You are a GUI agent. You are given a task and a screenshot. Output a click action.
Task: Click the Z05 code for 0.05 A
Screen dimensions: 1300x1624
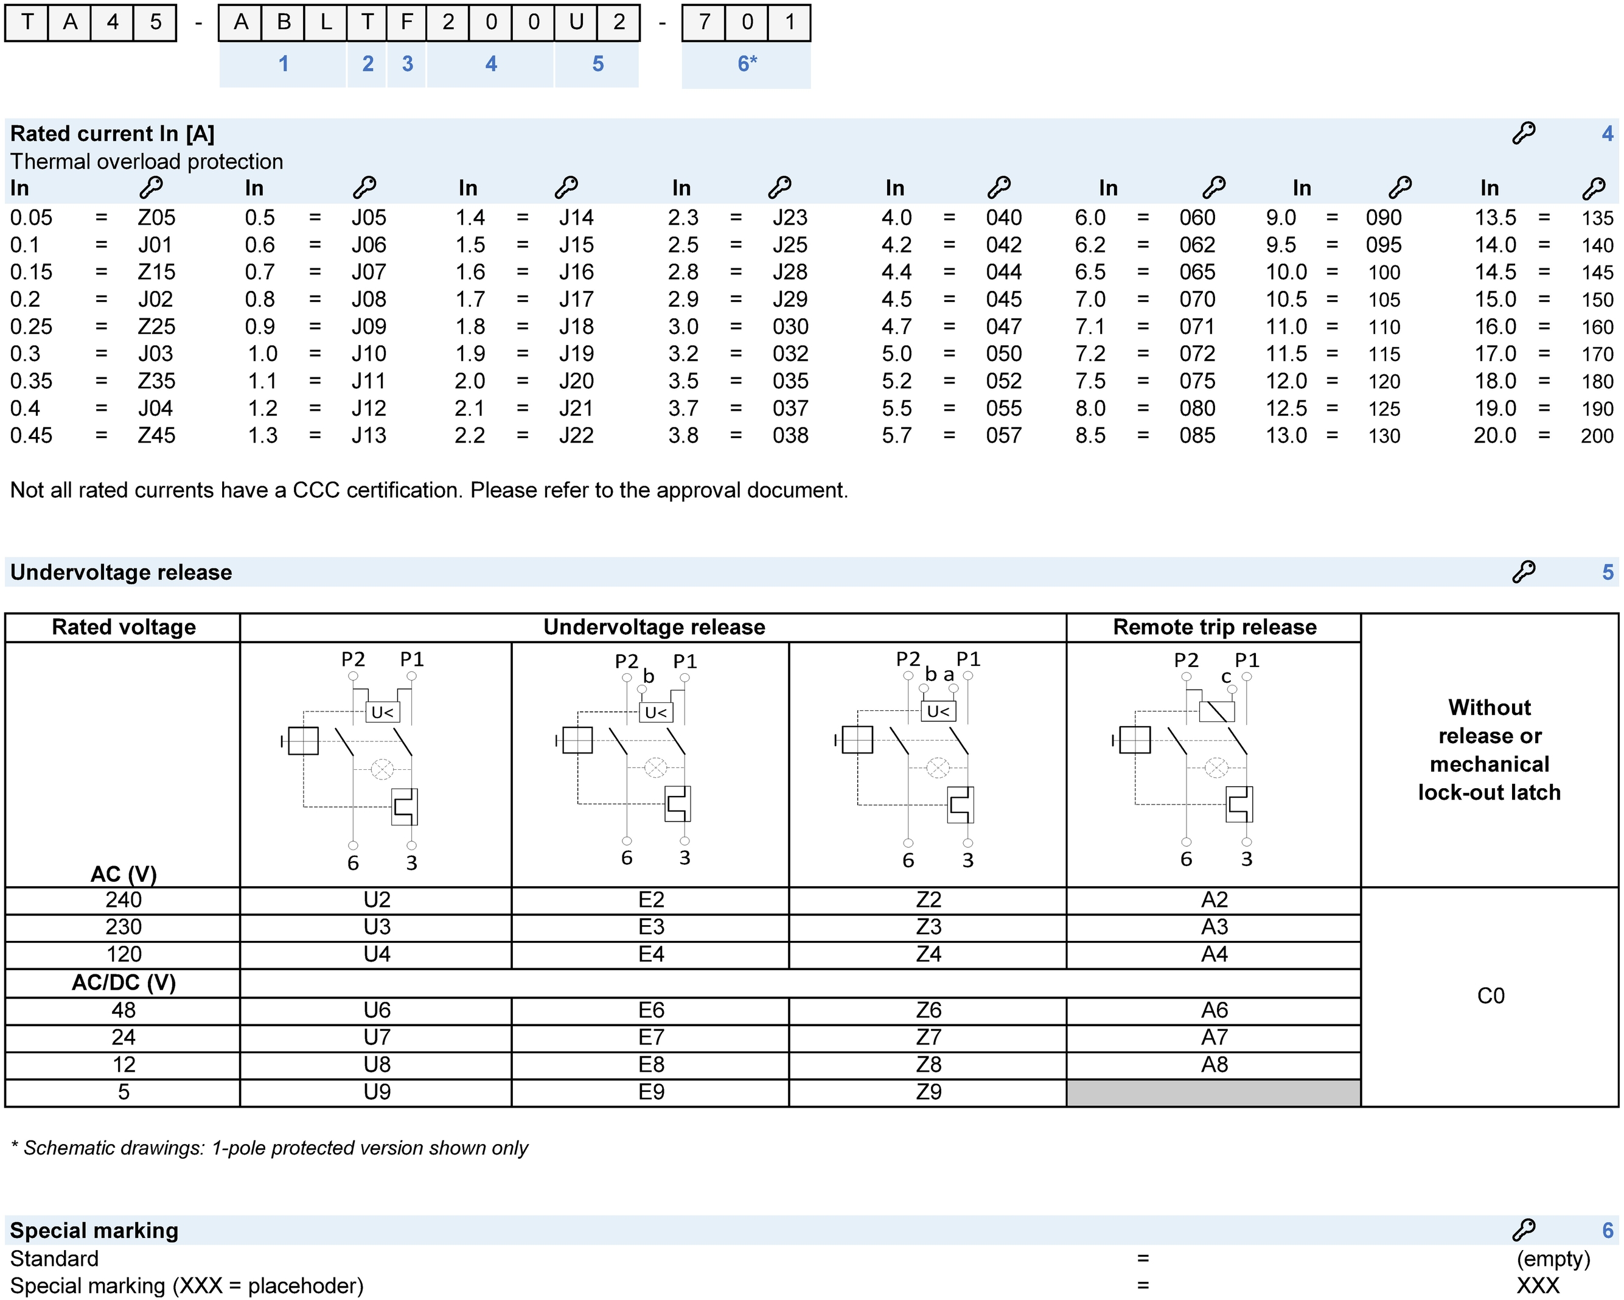[156, 218]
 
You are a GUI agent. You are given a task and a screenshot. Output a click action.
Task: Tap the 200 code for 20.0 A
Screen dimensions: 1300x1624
[1596, 436]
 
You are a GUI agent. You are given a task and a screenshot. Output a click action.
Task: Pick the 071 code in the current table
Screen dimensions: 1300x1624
[1197, 326]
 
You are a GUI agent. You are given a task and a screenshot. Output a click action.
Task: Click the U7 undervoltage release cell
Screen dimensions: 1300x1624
[377, 1037]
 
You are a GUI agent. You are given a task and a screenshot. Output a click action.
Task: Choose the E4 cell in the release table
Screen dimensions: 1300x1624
[651, 954]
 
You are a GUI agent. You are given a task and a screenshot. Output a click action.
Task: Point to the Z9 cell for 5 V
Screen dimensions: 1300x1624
[928, 1091]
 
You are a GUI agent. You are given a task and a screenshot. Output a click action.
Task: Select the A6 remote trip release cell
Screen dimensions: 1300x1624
[1215, 1010]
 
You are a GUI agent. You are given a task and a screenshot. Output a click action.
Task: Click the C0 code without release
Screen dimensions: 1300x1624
[1490, 996]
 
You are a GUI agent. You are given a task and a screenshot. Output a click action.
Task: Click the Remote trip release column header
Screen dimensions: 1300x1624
[1215, 627]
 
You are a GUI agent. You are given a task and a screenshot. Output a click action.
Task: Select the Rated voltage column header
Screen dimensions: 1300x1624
[124, 627]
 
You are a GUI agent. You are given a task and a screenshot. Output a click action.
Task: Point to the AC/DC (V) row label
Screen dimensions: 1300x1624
[124, 983]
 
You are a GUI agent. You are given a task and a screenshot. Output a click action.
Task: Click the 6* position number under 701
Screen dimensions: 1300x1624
[747, 64]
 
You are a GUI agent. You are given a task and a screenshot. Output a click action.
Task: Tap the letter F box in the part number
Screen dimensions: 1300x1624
[406, 22]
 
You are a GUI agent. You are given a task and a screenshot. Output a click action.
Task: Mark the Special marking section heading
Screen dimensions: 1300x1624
[94, 1230]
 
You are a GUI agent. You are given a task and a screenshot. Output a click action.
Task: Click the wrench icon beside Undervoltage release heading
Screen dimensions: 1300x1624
[1523, 572]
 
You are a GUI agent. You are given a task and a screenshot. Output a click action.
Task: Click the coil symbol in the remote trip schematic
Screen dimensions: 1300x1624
[1216, 711]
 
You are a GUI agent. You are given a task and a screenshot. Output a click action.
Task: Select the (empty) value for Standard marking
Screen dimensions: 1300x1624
[1553, 1259]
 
